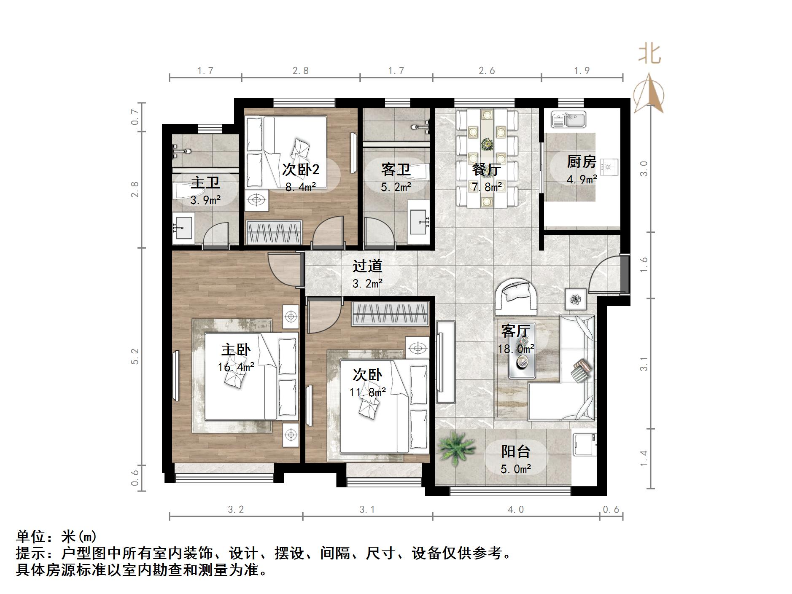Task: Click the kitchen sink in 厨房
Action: [568, 119]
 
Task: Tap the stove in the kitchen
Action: [609, 167]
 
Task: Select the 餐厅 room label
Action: [487, 169]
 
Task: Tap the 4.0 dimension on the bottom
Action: [515, 510]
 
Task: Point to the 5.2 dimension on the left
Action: [135, 356]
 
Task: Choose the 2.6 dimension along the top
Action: [487, 71]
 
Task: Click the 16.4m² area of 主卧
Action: [236, 367]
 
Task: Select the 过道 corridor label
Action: [367, 266]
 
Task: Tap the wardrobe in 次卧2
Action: [274, 232]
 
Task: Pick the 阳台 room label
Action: [515, 452]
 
